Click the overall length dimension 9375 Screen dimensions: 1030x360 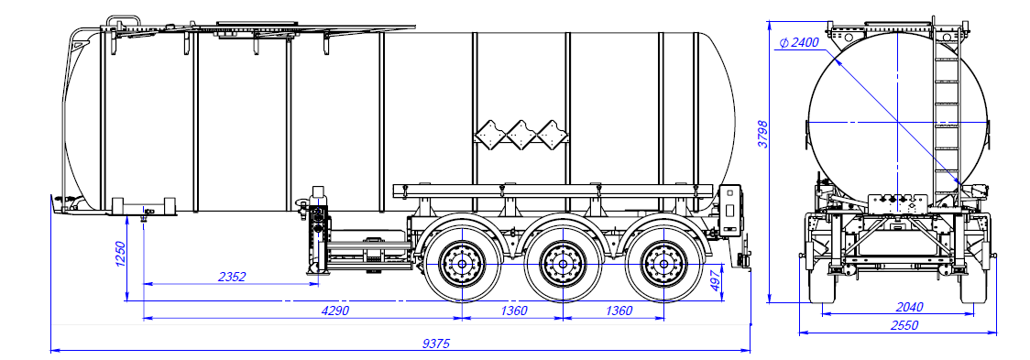(436, 343)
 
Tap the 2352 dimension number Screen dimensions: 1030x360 (233, 277)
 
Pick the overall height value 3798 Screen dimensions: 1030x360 (762, 136)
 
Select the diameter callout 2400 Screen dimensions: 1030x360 (799, 43)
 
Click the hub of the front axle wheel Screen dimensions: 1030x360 (463, 264)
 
